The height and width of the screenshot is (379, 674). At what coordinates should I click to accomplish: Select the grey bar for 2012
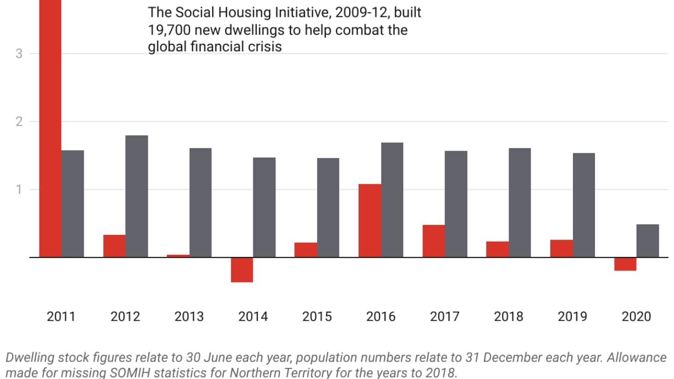(x=136, y=196)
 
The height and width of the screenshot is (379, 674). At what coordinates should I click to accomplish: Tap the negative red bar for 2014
(x=242, y=270)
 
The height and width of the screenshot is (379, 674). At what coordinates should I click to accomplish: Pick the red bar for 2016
(x=370, y=221)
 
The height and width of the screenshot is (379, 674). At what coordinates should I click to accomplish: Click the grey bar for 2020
(x=647, y=241)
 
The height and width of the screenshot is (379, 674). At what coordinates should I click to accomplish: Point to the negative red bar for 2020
(x=625, y=264)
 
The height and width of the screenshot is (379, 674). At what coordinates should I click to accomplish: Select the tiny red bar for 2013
(x=178, y=256)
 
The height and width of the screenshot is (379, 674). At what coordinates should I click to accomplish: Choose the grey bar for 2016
(x=392, y=200)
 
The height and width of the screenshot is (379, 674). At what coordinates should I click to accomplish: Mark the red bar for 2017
(x=433, y=241)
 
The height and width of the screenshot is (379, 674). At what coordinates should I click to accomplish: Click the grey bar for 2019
(x=583, y=205)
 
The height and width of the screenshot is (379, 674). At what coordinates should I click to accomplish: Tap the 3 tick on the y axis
(x=19, y=54)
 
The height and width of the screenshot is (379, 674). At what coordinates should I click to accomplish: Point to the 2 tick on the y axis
(x=19, y=122)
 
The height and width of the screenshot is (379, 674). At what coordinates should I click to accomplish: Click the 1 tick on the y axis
(x=19, y=189)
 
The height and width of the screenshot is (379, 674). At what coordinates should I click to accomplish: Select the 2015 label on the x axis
(x=317, y=317)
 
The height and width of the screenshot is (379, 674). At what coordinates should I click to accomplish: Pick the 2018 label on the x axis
(x=509, y=317)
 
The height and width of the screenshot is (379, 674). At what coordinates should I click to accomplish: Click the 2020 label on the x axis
(x=636, y=317)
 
